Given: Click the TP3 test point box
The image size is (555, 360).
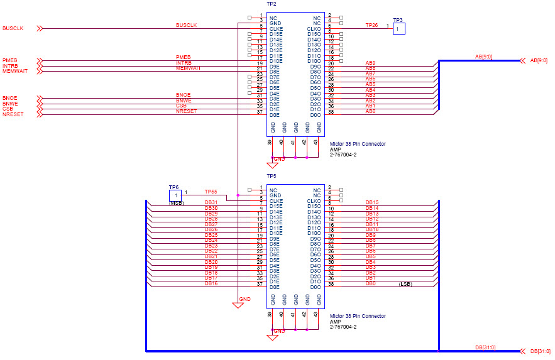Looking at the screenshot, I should point(399,28).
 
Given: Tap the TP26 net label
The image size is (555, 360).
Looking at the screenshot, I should point(371,25).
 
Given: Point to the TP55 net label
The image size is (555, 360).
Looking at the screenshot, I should point(211,192).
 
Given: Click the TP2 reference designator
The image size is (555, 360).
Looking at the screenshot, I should point(272,4).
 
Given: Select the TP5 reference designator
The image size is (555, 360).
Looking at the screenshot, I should point(272,177).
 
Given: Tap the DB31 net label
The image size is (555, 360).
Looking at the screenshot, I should point(211,202).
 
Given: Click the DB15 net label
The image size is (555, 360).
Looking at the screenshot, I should point(371,202).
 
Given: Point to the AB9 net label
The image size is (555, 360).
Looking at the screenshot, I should point(370,63).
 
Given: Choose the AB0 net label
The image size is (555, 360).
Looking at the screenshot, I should point(370,111).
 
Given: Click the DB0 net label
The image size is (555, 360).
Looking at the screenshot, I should point(370,283).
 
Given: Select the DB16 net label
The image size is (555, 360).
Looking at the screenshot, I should point(211,283).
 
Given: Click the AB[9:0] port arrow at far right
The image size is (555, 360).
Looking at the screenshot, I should point(521,60).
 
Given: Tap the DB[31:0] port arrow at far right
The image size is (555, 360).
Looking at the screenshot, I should point(521,351).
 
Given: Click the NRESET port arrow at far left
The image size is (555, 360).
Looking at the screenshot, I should point(40,114).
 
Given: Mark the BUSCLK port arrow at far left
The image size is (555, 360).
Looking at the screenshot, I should point(40,28).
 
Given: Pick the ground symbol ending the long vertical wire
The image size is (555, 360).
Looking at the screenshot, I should point(238,305).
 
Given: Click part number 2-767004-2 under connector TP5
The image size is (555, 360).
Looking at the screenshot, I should point(343,327).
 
